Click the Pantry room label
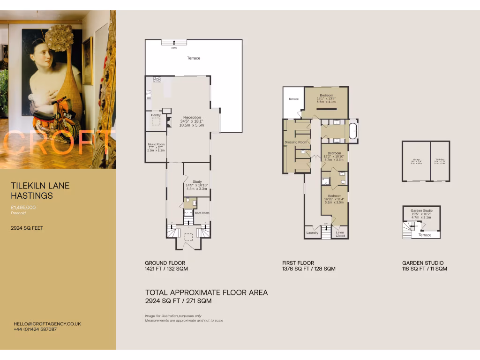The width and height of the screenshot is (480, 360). [156, 115]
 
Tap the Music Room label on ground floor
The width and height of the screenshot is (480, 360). [156, 144]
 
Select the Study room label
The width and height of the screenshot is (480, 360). [196, 181]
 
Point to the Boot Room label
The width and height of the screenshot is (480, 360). [202, 213]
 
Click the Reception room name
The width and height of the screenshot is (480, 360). [192, 118]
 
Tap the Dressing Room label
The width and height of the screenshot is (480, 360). [296, 142]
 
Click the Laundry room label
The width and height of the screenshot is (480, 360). [312, 232]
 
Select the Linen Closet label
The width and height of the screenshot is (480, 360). [340, 234]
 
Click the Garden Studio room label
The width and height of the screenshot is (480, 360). [421, 211]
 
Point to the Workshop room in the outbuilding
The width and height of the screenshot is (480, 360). [440, 160]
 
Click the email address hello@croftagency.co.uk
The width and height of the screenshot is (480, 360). [47, 323]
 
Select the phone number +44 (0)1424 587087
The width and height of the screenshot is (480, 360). [36, 329]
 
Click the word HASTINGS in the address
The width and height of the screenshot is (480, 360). [32, 195]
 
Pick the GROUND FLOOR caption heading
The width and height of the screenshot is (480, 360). [165, 263]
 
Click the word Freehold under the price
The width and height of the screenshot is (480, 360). [19, 213]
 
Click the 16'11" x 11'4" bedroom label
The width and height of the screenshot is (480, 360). [335, 195]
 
